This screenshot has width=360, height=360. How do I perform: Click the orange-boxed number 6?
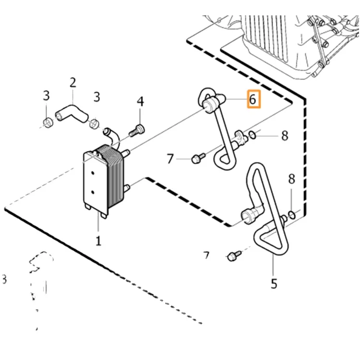[x=253, y=100]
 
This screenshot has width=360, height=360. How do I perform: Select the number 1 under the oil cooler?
[x=98, y=240]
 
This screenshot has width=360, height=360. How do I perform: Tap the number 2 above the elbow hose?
[x=72, y=83]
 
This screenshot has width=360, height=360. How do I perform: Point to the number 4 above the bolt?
[x=140, y=102]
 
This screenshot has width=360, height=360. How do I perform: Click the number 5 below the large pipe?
[x=274, y=283]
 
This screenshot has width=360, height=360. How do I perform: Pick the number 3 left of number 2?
[x=46, y=96]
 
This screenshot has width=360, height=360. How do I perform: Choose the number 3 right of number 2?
[x=96, y=97]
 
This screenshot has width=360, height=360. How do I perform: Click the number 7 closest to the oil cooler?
[x=170, y=158]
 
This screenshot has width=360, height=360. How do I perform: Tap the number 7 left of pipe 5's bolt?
[x=206, y=256]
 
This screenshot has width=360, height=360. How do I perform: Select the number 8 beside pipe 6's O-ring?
[x=285, y=136]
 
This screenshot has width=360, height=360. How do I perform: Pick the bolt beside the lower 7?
[x=234, y=255]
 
